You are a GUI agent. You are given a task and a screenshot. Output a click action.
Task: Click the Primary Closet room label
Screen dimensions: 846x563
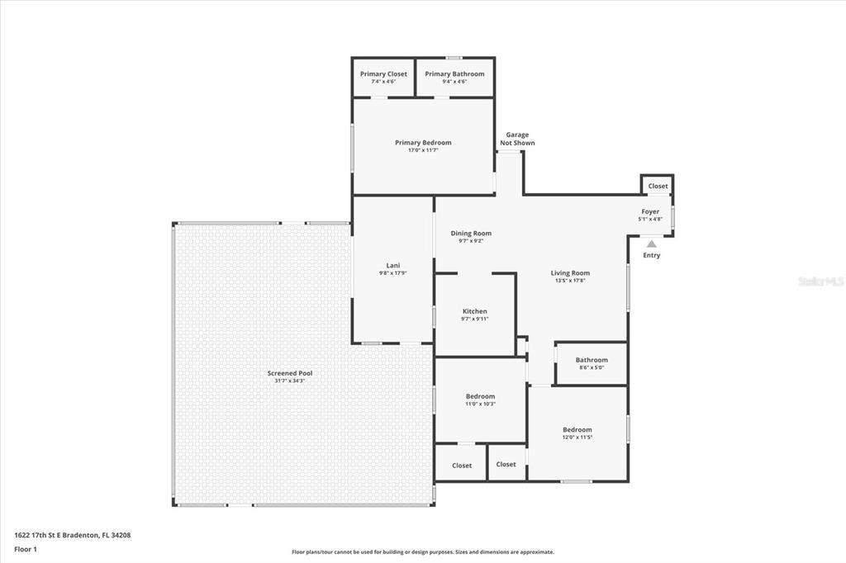coord(383,73)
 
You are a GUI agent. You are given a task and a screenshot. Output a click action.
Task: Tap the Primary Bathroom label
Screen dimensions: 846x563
coord(454,73)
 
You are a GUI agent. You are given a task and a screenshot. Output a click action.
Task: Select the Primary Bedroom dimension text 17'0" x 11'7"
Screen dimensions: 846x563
coord(423,150)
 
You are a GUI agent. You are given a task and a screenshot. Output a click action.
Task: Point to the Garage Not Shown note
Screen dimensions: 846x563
coord(517,139)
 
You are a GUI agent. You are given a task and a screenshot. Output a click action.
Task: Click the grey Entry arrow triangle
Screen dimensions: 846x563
coord(652,244)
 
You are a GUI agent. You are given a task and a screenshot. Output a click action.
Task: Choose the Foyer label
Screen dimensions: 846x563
coord(650,211)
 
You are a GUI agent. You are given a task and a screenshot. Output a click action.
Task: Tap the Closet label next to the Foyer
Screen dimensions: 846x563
coord(658,186)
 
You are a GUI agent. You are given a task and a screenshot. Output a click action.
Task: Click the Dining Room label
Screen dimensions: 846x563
coord(471,234)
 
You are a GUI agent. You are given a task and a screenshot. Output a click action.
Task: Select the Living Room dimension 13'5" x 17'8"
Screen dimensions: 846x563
coord(570,281)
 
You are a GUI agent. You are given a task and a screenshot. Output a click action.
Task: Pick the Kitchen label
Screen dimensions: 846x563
coord(475,311)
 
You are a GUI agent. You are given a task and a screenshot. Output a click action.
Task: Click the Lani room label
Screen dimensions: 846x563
coord(392,265)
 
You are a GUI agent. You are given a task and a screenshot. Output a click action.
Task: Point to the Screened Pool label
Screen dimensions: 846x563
coord(290,373)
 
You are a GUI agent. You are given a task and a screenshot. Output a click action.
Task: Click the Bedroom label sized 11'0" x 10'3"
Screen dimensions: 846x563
coord(480,396)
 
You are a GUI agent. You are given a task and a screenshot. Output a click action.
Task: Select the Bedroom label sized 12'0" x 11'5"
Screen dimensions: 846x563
coord(577,430)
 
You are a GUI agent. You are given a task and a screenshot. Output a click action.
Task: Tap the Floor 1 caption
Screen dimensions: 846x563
coord(26,550)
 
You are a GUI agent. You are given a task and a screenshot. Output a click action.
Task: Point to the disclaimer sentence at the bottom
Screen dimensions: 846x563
coord(423,552)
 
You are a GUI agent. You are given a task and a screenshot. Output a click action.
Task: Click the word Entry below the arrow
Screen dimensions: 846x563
coord(652,255)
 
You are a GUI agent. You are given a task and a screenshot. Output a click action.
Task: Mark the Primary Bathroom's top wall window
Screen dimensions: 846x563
coord(454,58)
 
